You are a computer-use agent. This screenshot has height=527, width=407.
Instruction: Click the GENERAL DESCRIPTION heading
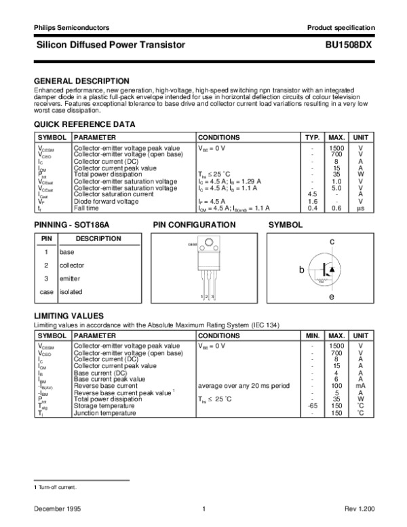pyautogui.click(x=81, y=80)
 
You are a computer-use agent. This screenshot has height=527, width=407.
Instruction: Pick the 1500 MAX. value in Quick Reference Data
pyautogui.click(x=335, y=147)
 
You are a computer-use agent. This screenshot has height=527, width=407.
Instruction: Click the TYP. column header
pyautogui.click(x=312, y=137)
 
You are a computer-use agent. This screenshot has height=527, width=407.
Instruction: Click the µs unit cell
pyautogui.click(x=361, y=208)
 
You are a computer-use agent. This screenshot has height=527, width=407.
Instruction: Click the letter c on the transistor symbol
pyautogui.click(x=332, y=242)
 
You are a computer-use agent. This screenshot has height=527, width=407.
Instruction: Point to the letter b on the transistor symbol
pyautogui.click(x=303, y=270)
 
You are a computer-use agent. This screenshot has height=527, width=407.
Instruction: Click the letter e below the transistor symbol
pyautogui.click(x=332, y=297)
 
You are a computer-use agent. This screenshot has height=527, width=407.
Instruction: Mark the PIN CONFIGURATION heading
pyautogui.click(x=193, y=224)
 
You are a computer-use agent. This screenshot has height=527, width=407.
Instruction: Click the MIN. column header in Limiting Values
pyautogui.click(x=312, y=335)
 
